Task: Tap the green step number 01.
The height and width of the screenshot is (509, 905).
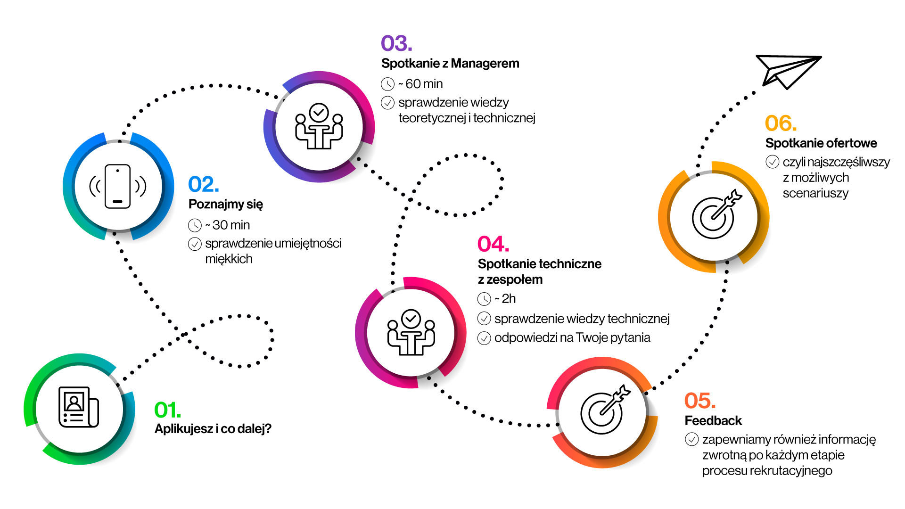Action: pyautogui.click(x=167, y=410)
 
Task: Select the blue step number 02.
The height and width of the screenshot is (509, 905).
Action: pyautogui.click(x=203, y=184)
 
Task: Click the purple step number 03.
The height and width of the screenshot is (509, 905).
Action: pyautogui.click(x=396, y=43)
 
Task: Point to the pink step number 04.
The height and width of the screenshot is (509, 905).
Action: pyautogui.click(x=493, y=244)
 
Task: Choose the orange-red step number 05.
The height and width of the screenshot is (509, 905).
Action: pyautogui.click(x=700, y=401)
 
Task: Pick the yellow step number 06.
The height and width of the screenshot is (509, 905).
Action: pyautogui.click(x=781, y=123)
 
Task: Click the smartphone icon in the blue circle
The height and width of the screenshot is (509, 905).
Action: pyautogui.click(x=118, y=186)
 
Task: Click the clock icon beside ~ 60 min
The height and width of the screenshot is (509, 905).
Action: pyautogui.click(x=387, y=84)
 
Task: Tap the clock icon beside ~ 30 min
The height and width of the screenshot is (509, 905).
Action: pyautogui.click(x=195, y=225)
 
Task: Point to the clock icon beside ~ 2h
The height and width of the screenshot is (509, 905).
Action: pyautogui.click(x=484, y=299)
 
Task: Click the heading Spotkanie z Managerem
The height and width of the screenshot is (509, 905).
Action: pyautogui.click(x=450, y=64)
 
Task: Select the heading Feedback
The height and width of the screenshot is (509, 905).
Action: pyautogui.click(x=713, y=420)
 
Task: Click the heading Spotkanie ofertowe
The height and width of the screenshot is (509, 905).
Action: pyautogui.click(x=821, y=143)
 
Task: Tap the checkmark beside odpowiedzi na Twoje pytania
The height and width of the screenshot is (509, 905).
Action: pyautogui.click(x=484, y=338)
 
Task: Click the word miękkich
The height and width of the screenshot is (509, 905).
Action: pyautogui.click(x=229, y=259)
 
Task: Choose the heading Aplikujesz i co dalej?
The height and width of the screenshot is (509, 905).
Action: pyautogui.click(x=213, y=429)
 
